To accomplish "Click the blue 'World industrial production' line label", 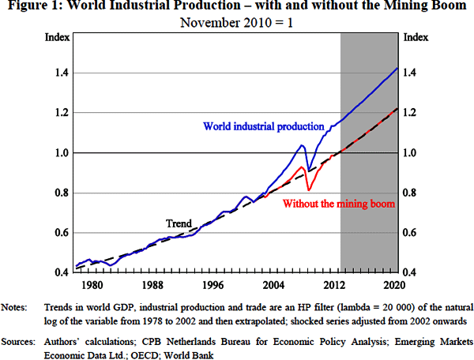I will pyautogui.click(x=264, y=126).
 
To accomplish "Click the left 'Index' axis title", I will pyautogui.click(x=57, y=37).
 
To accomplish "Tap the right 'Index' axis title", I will pyautogui.click(x=416, y=37).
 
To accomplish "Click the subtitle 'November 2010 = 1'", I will pyautogui.click(x=236, y=21).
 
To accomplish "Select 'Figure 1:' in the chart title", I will pyautogui.click(x=33, y=6).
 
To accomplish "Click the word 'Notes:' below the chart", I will pyautogui.click(x=17, y=306).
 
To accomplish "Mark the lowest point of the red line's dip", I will pyautogui.click(x=308, y=190).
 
